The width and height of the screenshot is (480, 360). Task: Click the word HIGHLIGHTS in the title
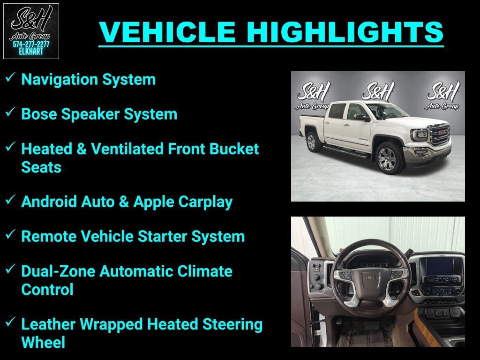tap(345, 31)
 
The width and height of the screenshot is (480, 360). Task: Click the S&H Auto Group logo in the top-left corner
tap(31, 31)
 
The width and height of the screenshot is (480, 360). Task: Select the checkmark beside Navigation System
tap(11, 78)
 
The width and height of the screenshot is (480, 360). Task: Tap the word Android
tap(49, 202)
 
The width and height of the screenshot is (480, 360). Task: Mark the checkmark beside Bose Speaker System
tap(11, 112)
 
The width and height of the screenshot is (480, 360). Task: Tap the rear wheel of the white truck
tap(312, 142)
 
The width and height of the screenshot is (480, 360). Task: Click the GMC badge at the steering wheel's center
tap(370, 278)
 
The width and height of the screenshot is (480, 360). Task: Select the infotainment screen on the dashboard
tap(439, 266)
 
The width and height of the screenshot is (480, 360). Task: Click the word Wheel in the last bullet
tap(43, 342)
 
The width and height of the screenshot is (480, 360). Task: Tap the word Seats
tap(41, 167)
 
